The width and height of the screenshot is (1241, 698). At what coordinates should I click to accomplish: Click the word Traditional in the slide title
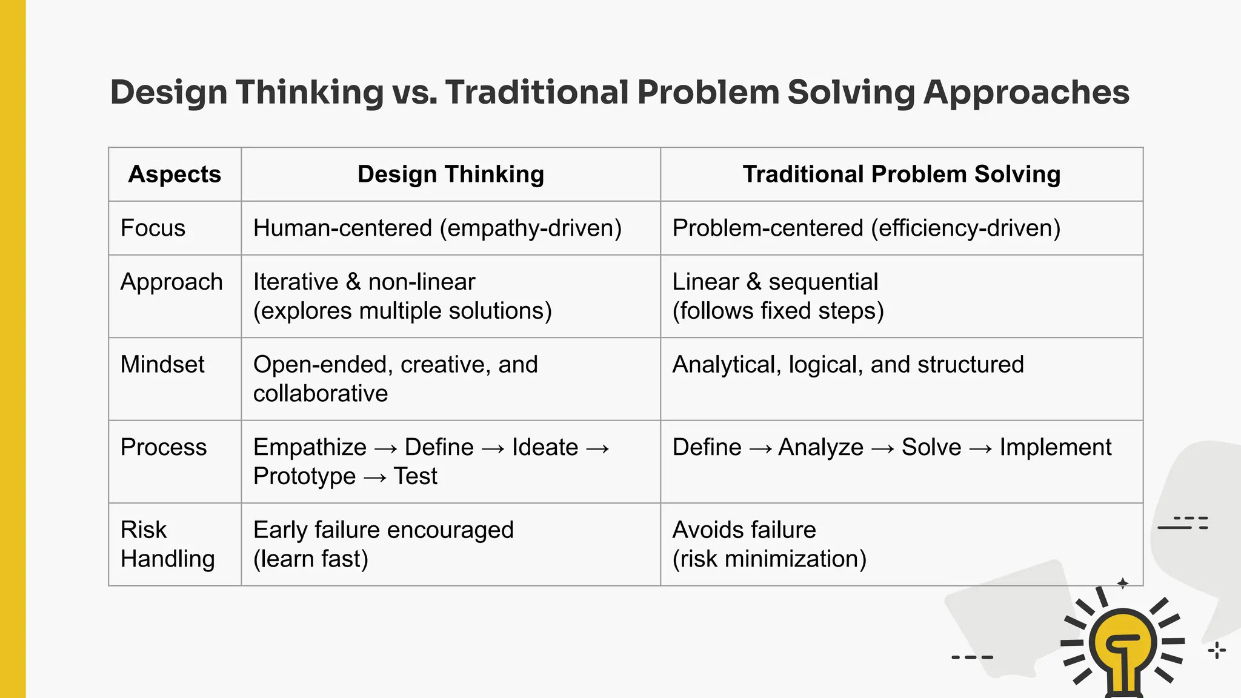pos(537,93)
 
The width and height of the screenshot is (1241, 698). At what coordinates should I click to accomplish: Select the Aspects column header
pos(175,174)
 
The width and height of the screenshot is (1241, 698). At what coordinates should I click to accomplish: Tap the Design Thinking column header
pos(450,174)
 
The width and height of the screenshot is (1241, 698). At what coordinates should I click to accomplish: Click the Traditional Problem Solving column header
pos(901,174)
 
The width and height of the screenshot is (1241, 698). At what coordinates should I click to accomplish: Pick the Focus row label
pos(153,228)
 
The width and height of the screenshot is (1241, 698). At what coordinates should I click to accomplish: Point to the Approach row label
pos(171,282)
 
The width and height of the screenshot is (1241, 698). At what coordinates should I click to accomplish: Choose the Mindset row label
pos(162,365)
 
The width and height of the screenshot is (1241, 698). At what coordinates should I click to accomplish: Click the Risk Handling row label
pos(167,544)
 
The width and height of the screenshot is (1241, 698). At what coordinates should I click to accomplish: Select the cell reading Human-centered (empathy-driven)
pos(437,228)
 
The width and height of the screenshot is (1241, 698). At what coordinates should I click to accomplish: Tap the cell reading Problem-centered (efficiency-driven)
pos(866,228)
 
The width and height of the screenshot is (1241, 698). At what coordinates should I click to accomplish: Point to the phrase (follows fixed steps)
pos(778,311)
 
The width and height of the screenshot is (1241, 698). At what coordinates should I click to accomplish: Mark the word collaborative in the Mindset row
pos(320,394)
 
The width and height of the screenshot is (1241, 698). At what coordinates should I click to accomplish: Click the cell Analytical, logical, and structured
pos(848,365)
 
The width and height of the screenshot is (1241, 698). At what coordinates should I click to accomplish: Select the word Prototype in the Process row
pos(304,476)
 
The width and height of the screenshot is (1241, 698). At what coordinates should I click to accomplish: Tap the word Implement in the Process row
pos(1055,448)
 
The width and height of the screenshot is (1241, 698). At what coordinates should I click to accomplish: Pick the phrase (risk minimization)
pos(769,559)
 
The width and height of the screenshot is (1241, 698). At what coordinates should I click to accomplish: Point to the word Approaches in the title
pos(1026,93)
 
